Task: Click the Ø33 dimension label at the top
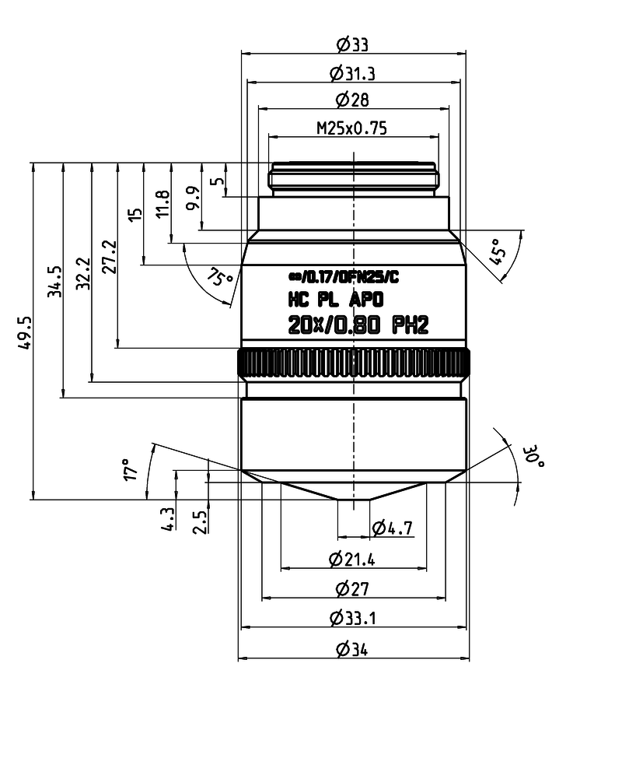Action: point(352,45)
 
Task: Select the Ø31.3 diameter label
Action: point(352,73)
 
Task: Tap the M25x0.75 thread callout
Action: point(351,128)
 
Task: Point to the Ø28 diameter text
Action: point(352,100)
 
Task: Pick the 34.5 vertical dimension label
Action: point(54,281)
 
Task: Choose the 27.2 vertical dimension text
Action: point(110,257)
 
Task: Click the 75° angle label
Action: point(220,278)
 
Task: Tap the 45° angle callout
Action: point(498,251)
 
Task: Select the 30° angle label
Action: point(533,457)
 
